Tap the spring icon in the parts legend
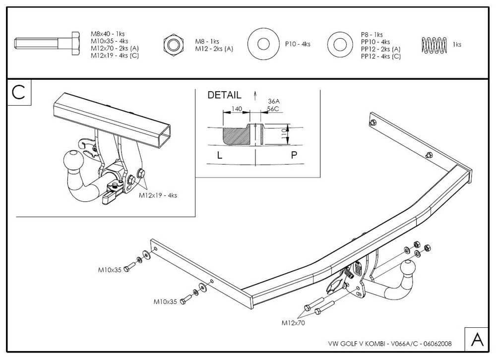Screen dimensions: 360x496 tap(434, 45)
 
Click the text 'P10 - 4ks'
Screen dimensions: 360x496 tap(298, 44)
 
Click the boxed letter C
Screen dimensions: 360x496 tap(19, 93)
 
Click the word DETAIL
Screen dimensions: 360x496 tap(224, 95)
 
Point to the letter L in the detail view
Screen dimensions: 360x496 tap(220, 155)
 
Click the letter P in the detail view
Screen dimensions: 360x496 tap(294, 155)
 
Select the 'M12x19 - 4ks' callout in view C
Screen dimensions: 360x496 tap(158, 195)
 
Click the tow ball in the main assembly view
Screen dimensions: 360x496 tap(408, 269)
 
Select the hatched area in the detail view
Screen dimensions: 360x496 tap(235, 134)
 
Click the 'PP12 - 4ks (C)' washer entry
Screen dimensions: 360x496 tap(381, 57)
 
